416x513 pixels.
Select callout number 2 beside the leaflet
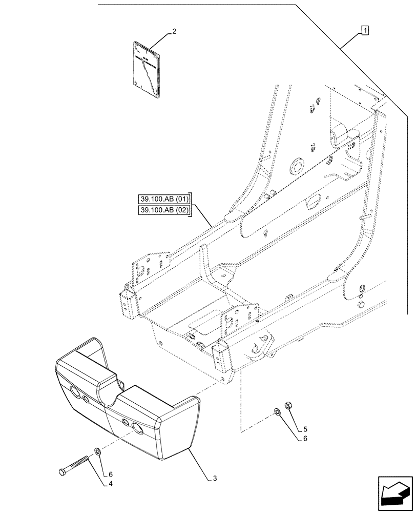coord(174,31)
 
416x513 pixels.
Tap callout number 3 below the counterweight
coord(215,479)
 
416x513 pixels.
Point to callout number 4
coord(110,483)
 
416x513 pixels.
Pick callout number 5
coord(305,429)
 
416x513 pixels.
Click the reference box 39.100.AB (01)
coord(164,199)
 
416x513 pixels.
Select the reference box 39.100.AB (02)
coord(164,210)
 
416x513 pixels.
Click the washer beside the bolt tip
coord(97,451)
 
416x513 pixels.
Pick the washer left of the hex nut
coord(277,411)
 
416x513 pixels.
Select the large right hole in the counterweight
coord(137,428)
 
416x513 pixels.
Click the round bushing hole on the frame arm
coord(296,166)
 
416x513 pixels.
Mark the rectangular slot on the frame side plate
coord(313,202)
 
